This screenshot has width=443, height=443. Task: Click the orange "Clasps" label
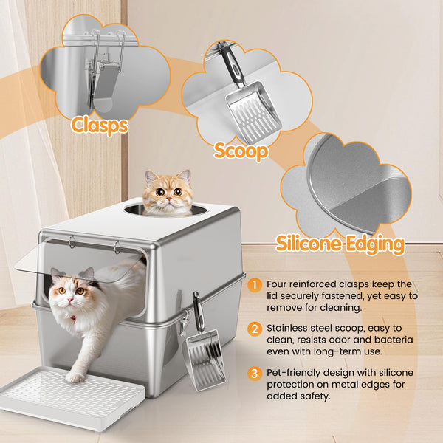click(x=100, y=126)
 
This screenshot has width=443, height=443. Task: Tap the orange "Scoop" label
click(x=241, y=151)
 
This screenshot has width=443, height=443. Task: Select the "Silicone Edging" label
click(x=340, y=244)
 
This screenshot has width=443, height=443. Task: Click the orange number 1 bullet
click(x=254, y=285)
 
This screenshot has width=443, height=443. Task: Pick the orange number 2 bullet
click(x=254, y=329)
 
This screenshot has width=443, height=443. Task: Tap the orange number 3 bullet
click(x=254, y=373)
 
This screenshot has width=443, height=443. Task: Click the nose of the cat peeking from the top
click(x=169, y=199)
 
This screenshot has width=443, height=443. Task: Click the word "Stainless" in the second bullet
click(x=286, y=329)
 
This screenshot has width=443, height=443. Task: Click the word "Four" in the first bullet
click(x=276, y=284)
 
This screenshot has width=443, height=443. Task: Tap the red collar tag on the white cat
click(x=73, y=318)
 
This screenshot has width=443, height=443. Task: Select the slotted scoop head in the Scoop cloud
click(x=253, y=111)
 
